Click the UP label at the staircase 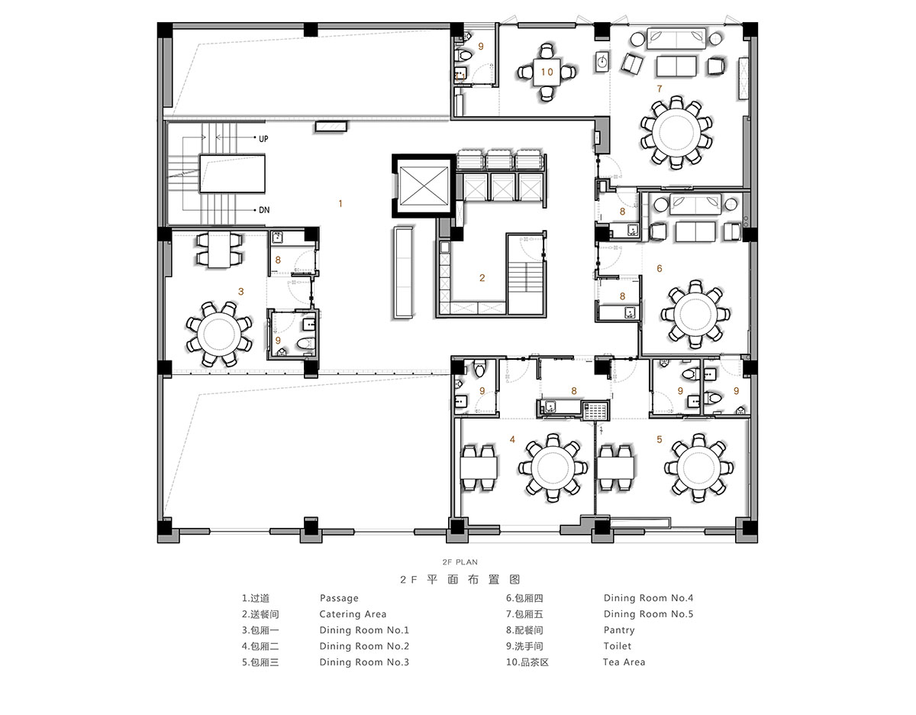click(263, 139)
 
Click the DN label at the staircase click(264, 210)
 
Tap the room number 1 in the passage click(340, 204)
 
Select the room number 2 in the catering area click(482, 278)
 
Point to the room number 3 click(240, 292)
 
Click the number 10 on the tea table click(547, 72)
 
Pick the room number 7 click(660, 89)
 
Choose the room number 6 click(660, 269)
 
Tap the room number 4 click(512, 439)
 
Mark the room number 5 click(660, 439)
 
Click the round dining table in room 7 click(676, 132)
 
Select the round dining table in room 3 click(219, 333)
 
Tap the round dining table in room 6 click(695, 314)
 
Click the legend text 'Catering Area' click(353, 614)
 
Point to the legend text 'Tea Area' click(624, 662)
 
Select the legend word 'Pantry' click(619, 630)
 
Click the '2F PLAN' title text click(460, 562)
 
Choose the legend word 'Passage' click(339, 598)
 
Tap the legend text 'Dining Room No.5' click(648, 614)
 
